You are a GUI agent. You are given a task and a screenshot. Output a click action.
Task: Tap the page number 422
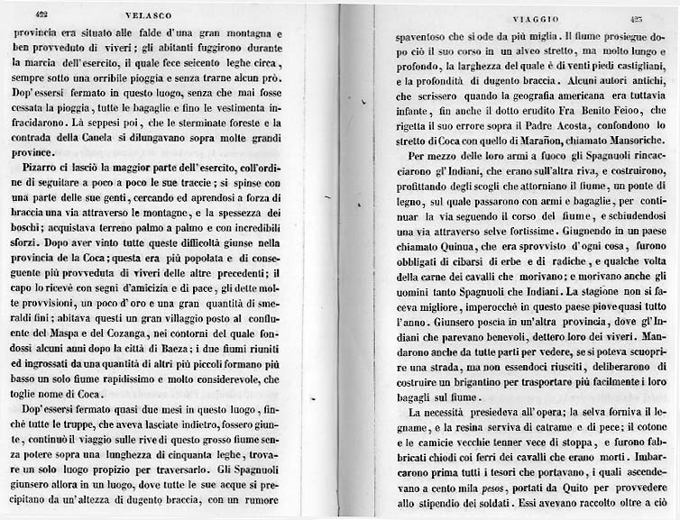point(41,14)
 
